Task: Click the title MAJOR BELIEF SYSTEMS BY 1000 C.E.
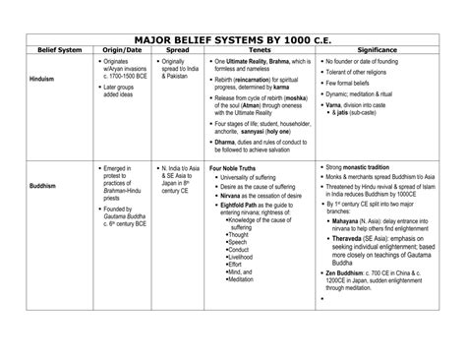click(x=232, y=33)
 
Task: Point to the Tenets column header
click(x=261, y=48)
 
